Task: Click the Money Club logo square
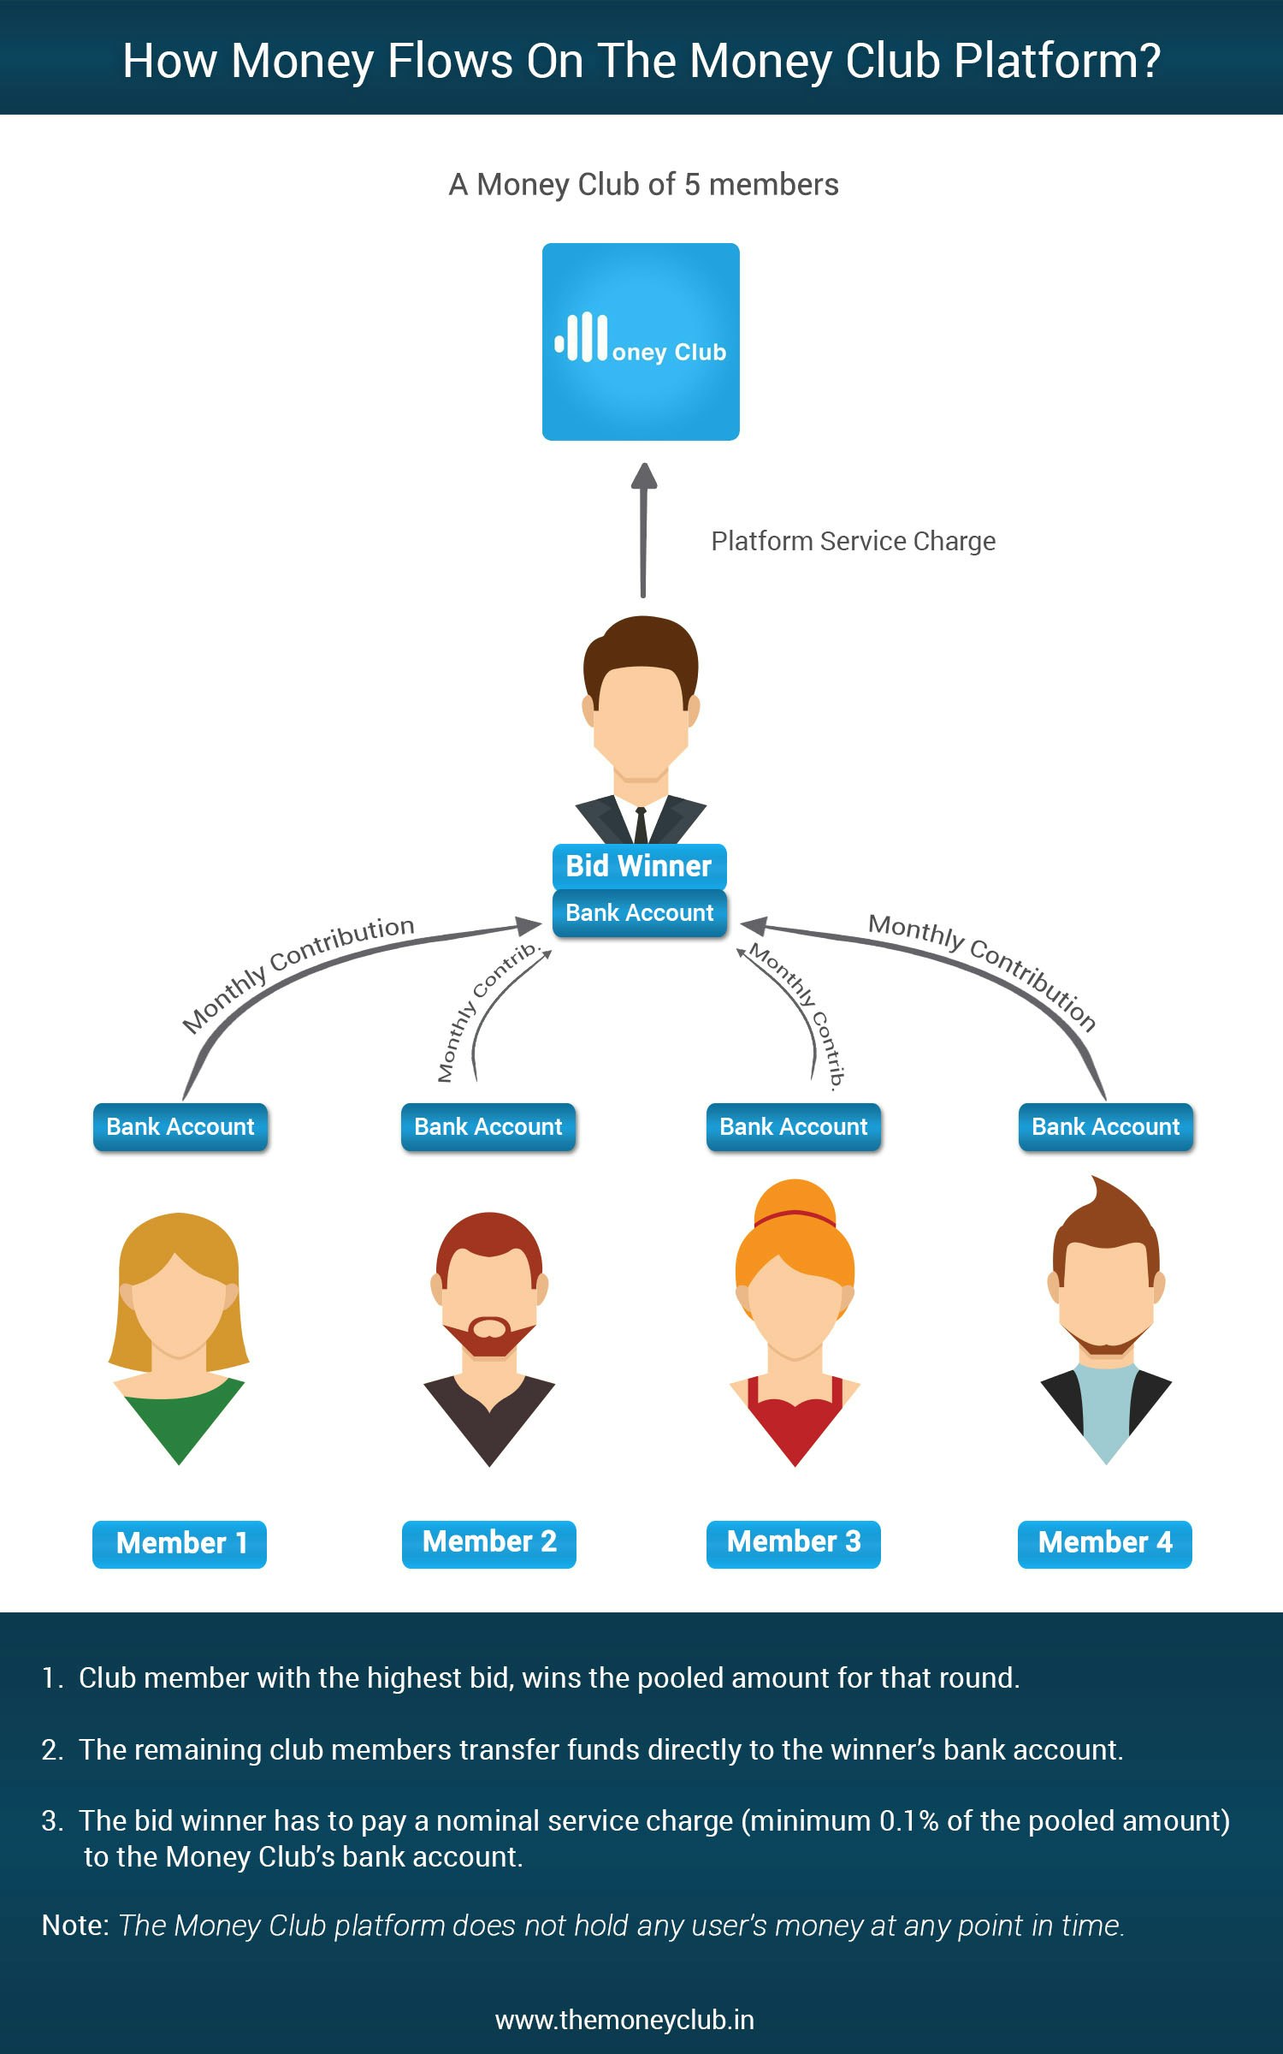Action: [x=641, y=341]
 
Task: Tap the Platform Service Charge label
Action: [x=853, y=541]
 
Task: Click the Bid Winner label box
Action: [x=639, y=866]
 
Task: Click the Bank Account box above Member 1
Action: [x=180, y=1126]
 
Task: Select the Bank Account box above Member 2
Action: [x=488, y=1126]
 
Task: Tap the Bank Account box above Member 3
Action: [x=794, y=1126]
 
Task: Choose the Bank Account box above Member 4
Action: [x=1105, y=1126]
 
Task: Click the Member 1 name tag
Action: [x=180, y=1543]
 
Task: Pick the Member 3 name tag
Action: [x=794, y=1542]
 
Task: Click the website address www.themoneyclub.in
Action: [x=624, y=2020]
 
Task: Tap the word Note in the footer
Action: [x=74, y=1926]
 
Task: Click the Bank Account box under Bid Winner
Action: [x=639, y=913]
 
